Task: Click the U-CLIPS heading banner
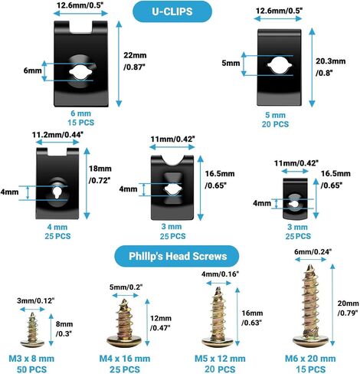coord(172,11)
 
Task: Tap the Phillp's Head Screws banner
coord(177,256)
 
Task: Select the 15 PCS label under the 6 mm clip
coord(81,123)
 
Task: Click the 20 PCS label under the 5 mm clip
coord(275,124)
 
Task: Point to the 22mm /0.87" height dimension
coord(135,61)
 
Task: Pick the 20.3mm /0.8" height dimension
coord(331,67)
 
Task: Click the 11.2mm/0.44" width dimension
coord(58,135)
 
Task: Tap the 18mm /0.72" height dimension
coord(100,174)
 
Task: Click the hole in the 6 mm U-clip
coord(80,72)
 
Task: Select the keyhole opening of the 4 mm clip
coord(56,192)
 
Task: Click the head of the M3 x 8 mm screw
coord(32,342)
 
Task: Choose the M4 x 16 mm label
coord(125,359)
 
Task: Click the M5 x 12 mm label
coord(220,359)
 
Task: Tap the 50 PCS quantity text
coord(31,369)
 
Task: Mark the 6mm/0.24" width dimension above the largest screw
coord(313,251)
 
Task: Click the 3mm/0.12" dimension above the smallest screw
coord(36,300)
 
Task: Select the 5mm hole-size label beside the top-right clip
coord(231,63)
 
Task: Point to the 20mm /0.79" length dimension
coord(348,308)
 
